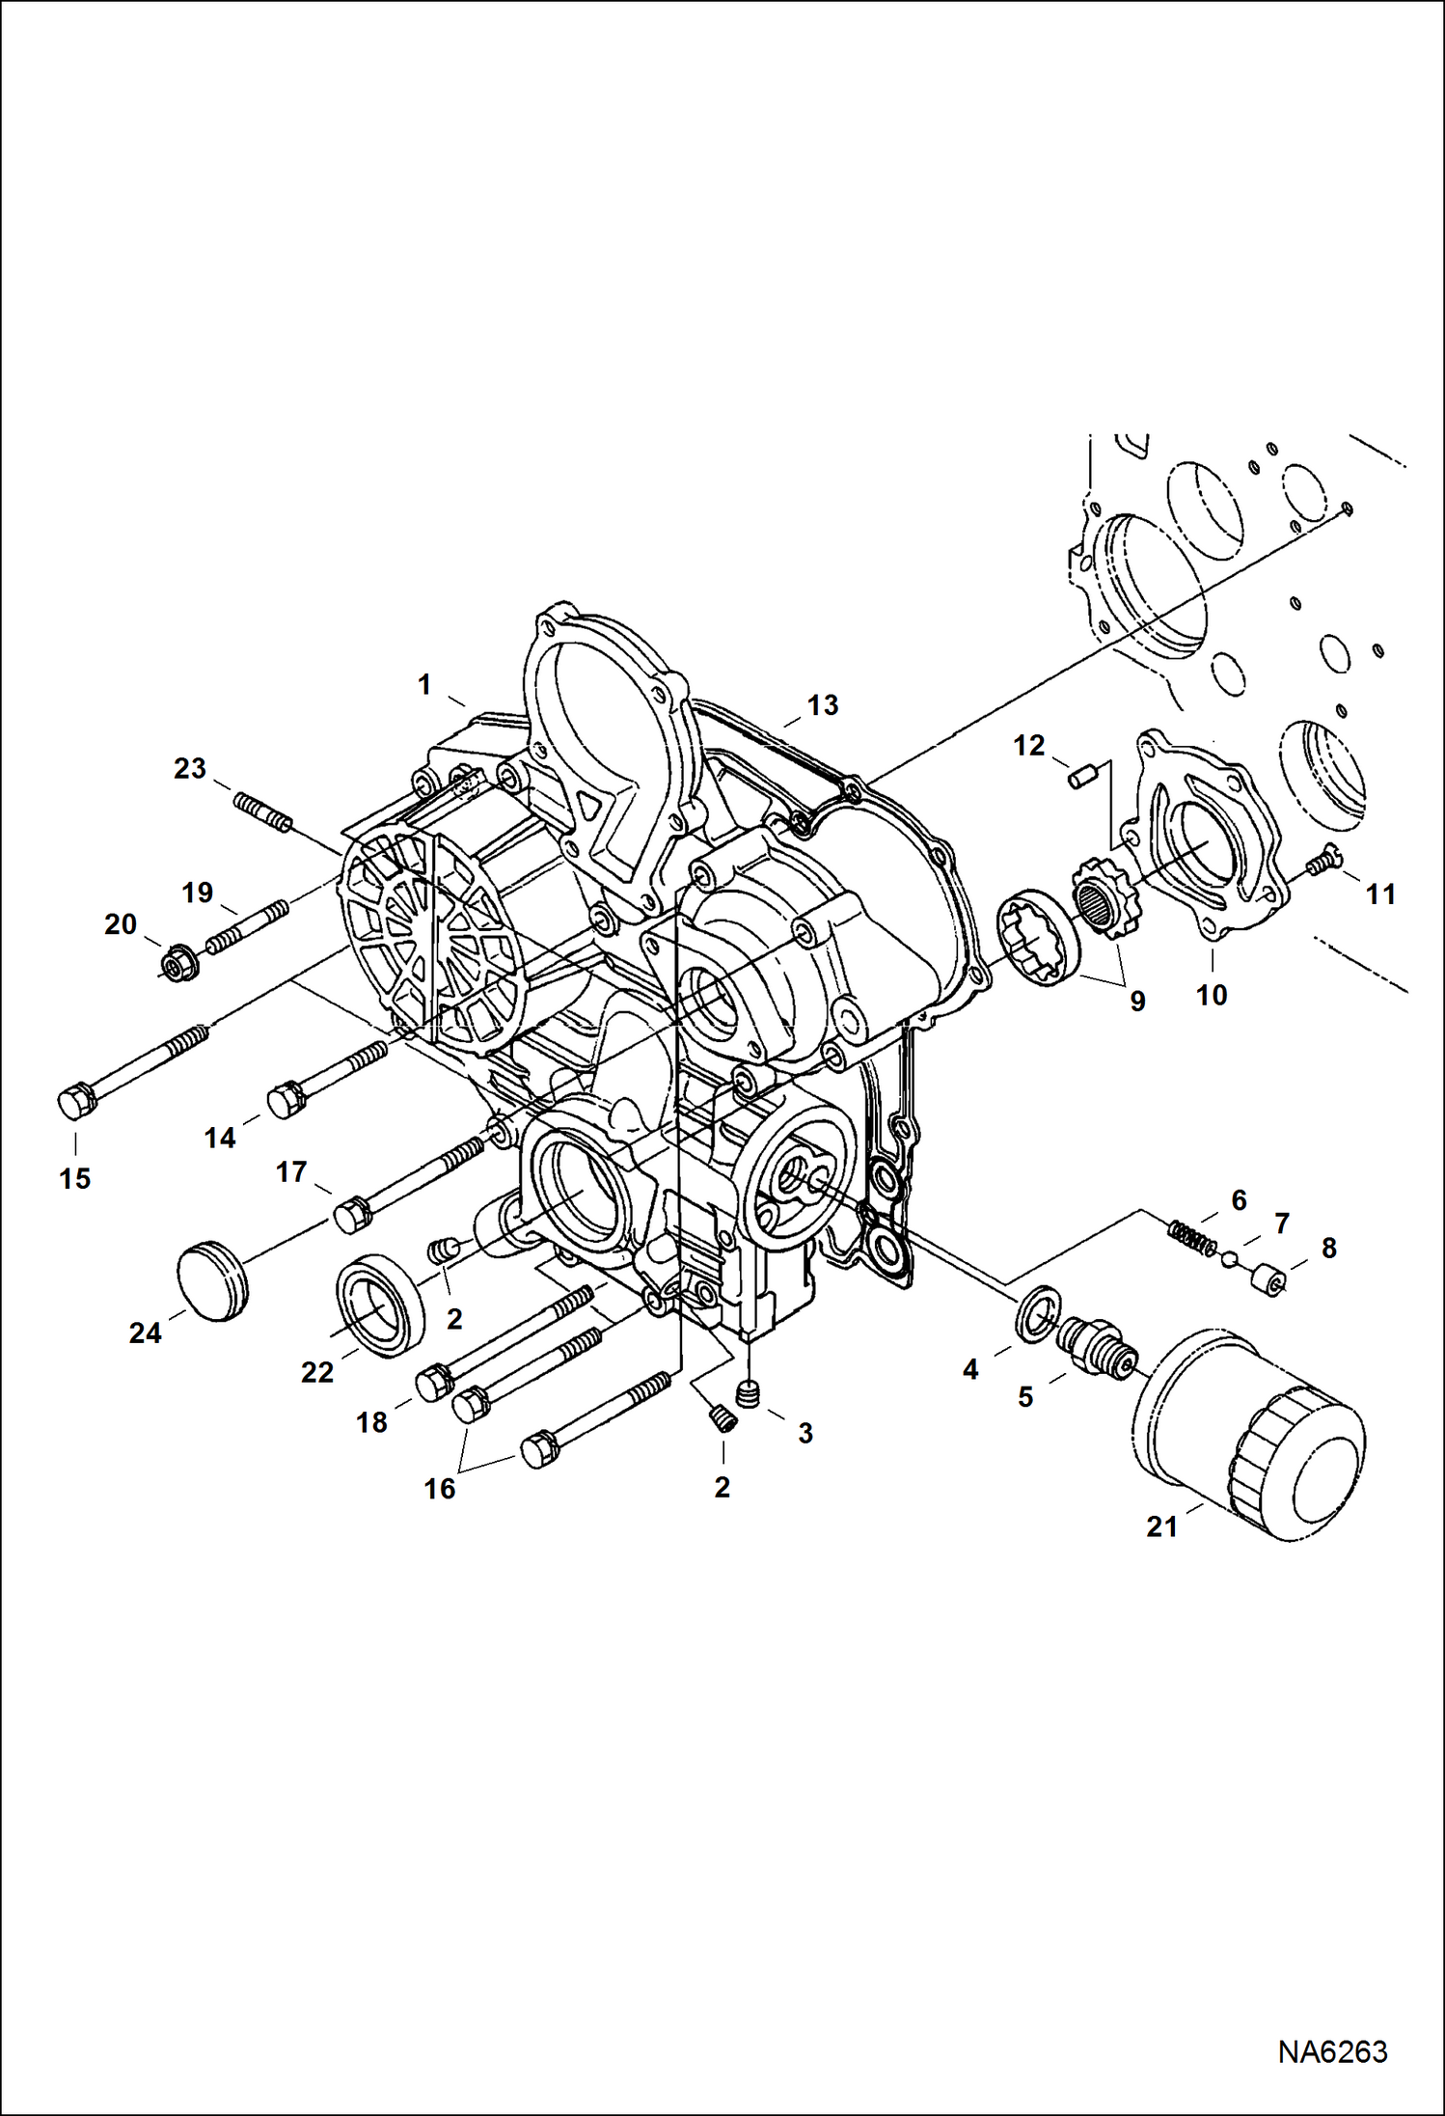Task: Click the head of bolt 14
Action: point(286,1099)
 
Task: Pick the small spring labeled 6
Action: point(1193,1239)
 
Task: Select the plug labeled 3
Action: point(748,1392)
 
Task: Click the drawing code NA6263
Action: point(1332,2051)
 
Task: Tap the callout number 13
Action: point(823,705)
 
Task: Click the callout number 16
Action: point(439,1489)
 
